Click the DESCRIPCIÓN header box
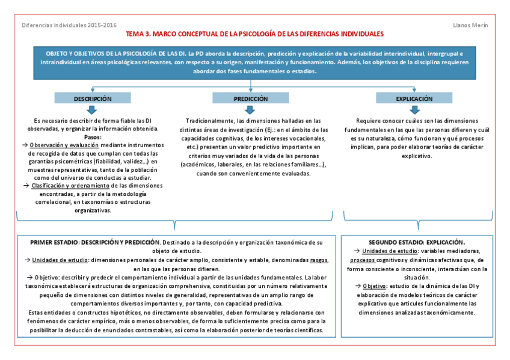92,98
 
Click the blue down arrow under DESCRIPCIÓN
92,110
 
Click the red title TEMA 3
254,34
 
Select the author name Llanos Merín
470,25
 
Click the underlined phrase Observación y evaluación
64,145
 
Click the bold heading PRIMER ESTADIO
58,242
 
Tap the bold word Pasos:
92,136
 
